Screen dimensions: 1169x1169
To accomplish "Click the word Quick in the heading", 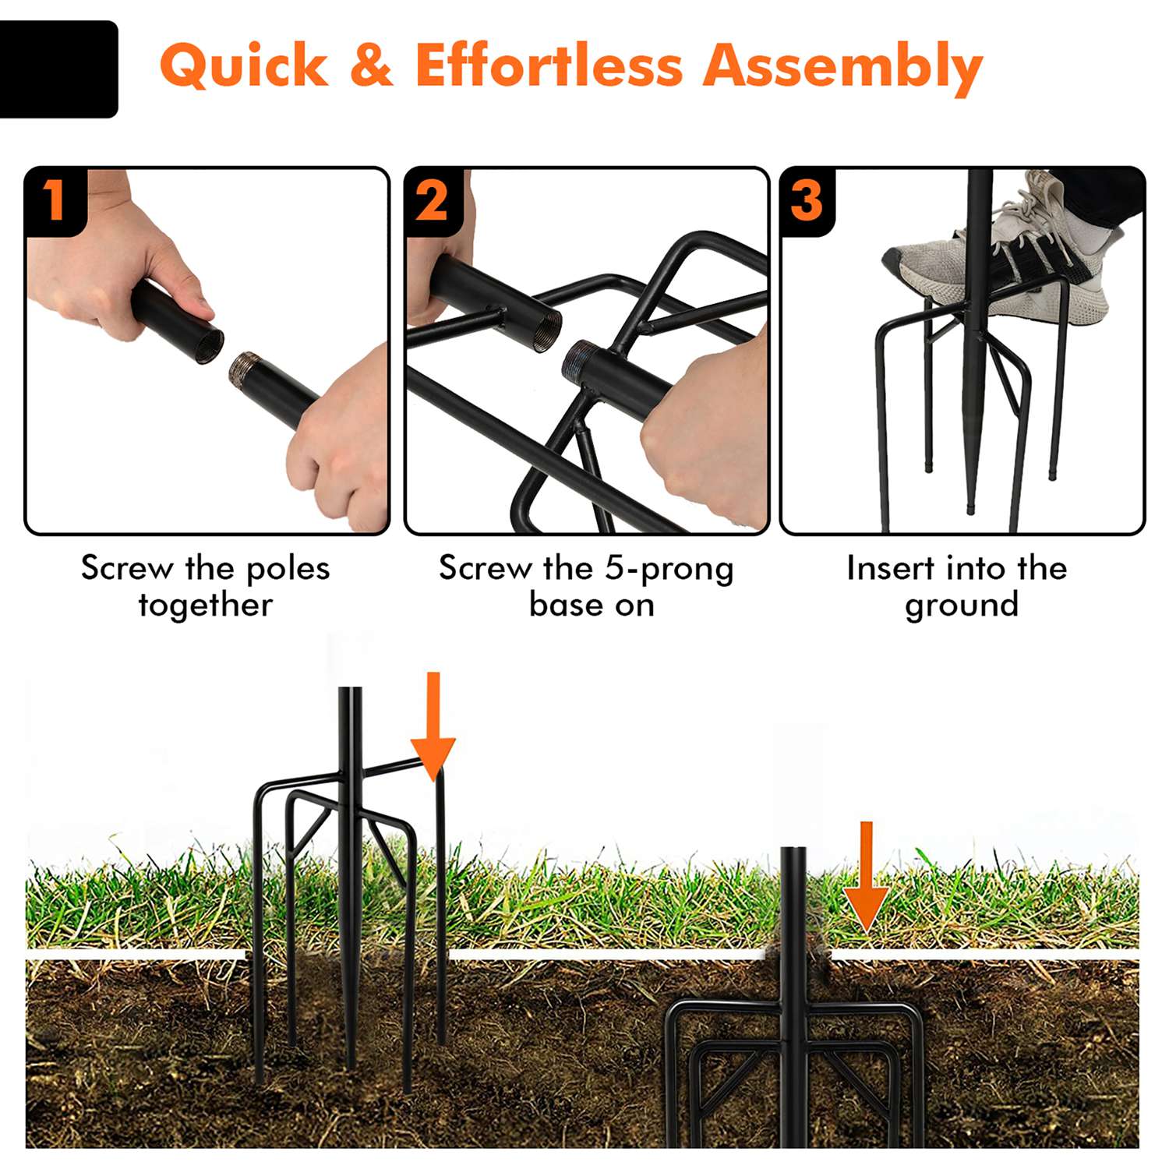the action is [x=244, y=65].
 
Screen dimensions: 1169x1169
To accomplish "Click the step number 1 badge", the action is [x=54, y=200].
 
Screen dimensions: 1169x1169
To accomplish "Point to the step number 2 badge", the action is [x=433, y=200].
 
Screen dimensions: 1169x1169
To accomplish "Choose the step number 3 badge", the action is [x=807, y=200].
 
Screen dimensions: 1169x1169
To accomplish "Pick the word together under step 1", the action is [x=206, y=606].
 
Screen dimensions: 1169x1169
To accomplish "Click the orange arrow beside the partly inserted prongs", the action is [x=433, y=726].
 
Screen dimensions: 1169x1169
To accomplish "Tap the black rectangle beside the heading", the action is [x=58, y=69].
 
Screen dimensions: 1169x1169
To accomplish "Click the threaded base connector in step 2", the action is [x=581, y=362].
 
